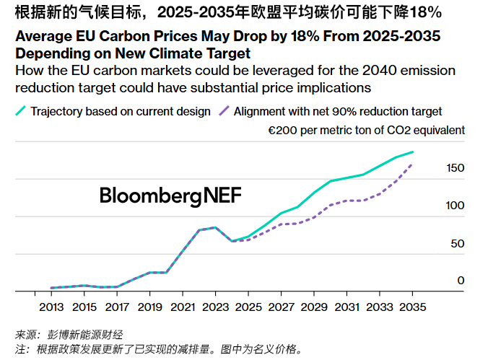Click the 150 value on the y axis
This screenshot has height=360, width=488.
point(455,168)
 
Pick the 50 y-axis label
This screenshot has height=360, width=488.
point(458,243)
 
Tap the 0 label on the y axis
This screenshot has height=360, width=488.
point(461,281)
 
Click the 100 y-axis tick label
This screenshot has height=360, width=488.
point(455,206)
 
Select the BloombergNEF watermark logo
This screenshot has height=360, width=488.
point(170,196)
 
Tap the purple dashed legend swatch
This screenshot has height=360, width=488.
point(224,112)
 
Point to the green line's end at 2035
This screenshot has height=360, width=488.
point(412,152)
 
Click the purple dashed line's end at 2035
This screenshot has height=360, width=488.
point(412,164)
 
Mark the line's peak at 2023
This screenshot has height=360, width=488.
point(215,227)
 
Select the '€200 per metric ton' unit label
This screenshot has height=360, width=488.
point(366,131)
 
